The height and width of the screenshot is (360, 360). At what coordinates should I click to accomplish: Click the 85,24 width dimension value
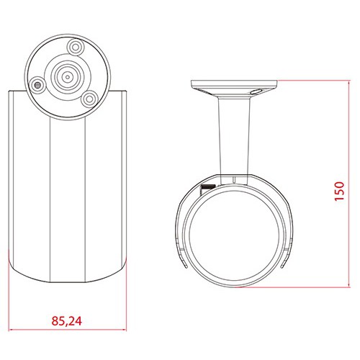67,321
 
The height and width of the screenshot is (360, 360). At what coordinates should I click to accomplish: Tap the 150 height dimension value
339,191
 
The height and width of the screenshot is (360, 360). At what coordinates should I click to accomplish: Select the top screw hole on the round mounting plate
76,48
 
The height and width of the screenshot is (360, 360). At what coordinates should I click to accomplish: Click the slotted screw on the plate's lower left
37,85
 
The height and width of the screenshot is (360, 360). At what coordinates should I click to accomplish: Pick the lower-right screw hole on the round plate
90,99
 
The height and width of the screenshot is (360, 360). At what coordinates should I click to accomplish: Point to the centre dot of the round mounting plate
68,77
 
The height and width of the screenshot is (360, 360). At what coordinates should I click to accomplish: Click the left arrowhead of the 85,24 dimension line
11,330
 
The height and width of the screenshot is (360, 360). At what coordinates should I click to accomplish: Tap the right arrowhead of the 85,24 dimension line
124,330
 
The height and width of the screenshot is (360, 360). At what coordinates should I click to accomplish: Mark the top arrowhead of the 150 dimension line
348,82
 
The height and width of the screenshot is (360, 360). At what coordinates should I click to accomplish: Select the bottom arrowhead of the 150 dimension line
348,284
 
